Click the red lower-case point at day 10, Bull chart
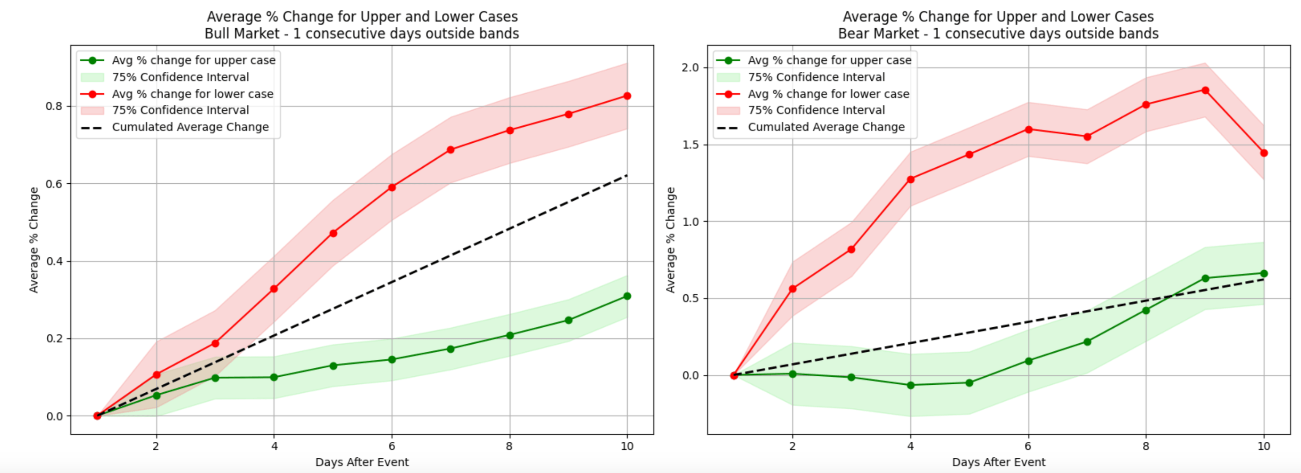[627, 96]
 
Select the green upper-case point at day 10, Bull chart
[627, 296]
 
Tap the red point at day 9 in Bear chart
[1205, 90]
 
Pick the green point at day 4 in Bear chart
[911, 385]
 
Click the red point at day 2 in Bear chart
[792, 289]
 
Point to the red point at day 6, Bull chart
[391, 188]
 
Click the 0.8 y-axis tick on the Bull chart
[54, 106]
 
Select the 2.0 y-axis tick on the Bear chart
[691, 68]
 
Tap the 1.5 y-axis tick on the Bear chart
[691, 145]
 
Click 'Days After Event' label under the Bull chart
[362, 462]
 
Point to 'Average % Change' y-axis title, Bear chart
[670, 240]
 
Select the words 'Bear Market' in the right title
[878, 34]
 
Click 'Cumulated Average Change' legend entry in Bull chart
[190, 127]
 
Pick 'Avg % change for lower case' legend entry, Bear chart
[828, 94]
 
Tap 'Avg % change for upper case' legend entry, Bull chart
[194, 60]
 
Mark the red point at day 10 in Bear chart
[1263, 153]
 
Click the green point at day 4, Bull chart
[274, 378]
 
